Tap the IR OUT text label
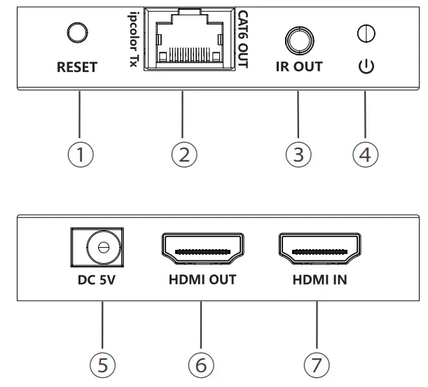pos(296,69)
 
